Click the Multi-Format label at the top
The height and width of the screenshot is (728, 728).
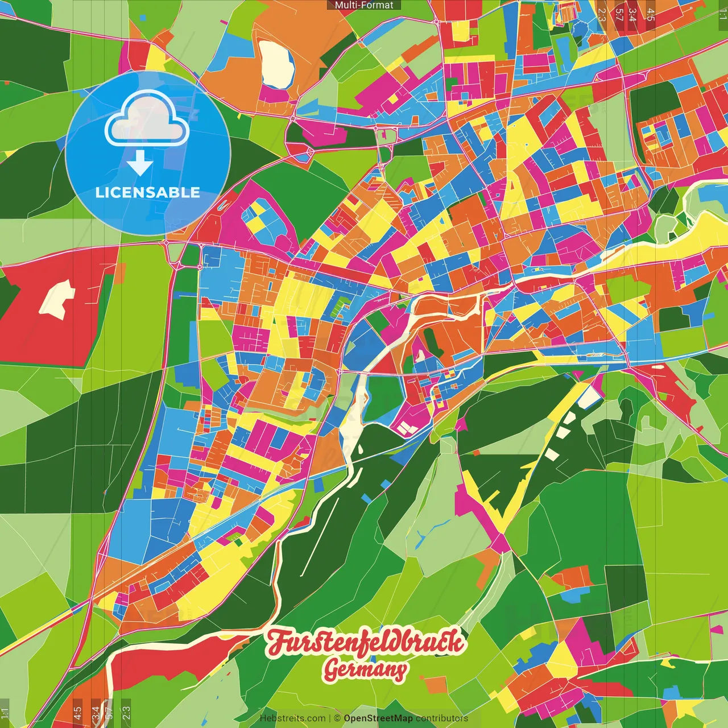(364, 5)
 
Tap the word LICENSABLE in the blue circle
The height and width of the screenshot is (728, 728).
(148, 193)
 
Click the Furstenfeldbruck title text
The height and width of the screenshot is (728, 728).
(365, 642)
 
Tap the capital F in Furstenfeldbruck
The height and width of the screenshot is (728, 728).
(277, 642)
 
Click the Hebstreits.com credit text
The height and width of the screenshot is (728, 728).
(292, 718)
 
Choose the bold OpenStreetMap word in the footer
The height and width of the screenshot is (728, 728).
(378, 718)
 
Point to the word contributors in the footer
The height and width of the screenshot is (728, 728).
(441, 718)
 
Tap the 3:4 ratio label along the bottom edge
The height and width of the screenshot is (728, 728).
(95, 712)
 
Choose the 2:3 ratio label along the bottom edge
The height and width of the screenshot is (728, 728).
(126, 712)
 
